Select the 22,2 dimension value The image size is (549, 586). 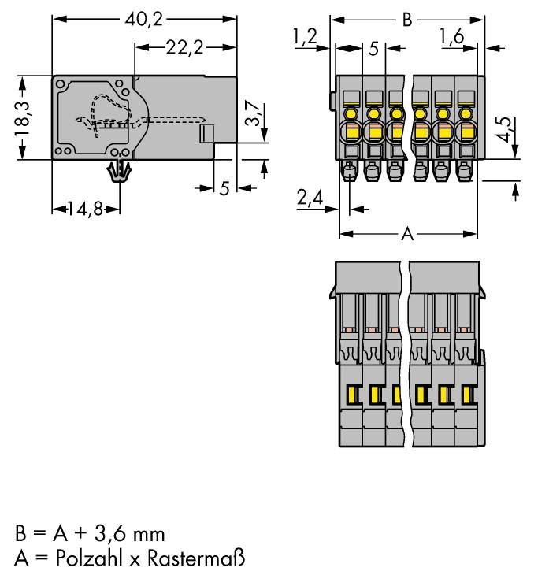[186, 48]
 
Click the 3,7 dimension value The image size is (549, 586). [251, 115]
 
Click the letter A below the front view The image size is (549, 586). [407, 234]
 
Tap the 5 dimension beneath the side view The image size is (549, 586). [224, 188]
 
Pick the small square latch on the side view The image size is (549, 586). [207, 133]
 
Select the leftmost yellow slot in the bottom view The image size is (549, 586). [351, 393]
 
